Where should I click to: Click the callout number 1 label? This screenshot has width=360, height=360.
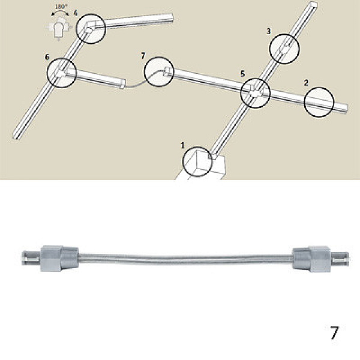pos(182,145)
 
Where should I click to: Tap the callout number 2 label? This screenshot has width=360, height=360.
pos(306,83)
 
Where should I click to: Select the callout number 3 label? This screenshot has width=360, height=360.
pos(269,31)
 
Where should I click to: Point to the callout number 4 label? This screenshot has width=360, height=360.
pos(76,13)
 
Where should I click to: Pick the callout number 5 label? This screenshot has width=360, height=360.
pos(242,74)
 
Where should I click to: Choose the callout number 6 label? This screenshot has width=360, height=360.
pos(47,57)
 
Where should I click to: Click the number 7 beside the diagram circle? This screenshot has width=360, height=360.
pos(143,56)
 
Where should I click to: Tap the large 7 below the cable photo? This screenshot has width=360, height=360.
pos(334,332)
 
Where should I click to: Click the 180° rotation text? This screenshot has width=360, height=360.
pos(61,7)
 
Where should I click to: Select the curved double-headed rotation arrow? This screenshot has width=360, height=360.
pos(60,12)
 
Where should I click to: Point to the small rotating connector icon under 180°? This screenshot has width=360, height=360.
pos(59,29)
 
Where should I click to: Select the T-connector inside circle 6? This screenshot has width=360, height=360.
pos(61,73)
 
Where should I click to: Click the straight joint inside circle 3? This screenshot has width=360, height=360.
pos(284,49)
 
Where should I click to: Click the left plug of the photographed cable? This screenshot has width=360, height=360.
pos(50,258)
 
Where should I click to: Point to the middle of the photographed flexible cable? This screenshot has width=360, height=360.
pos(186,259)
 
